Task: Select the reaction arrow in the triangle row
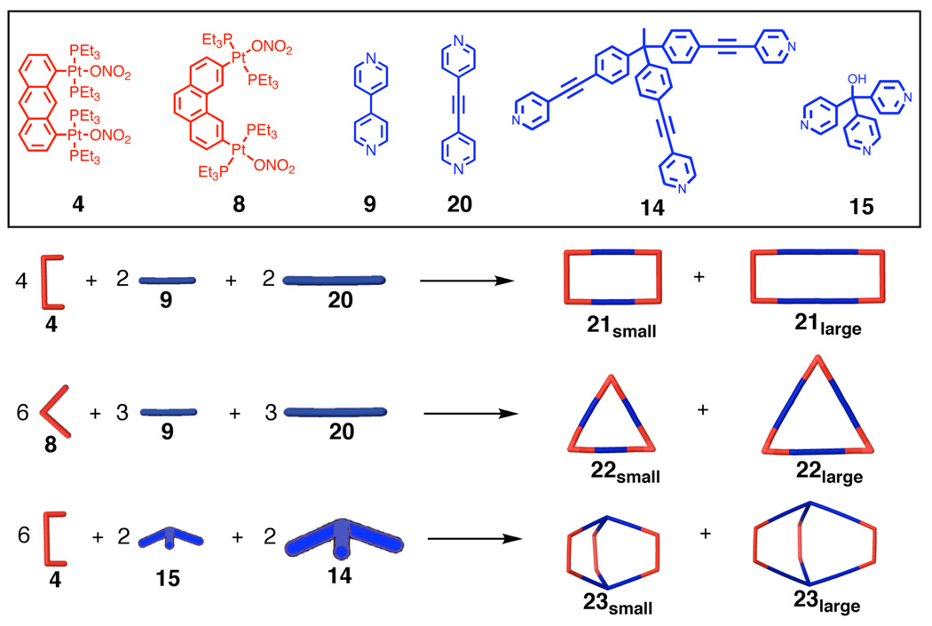coord(467,413)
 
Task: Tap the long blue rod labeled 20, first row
coord(334,281)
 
